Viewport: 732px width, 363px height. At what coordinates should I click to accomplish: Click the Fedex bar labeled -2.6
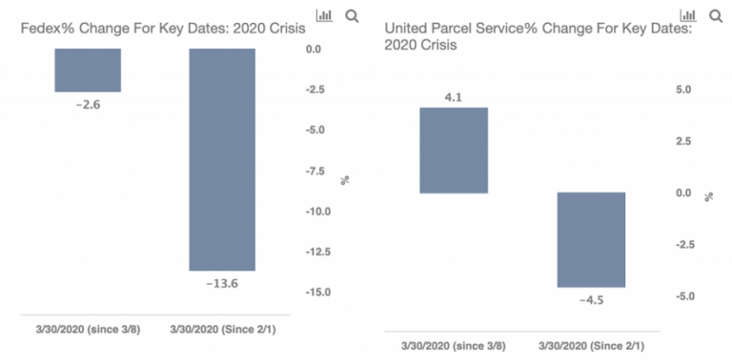88,70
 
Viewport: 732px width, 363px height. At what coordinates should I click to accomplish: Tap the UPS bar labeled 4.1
454,150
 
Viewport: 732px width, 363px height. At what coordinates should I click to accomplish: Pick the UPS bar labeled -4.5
590,239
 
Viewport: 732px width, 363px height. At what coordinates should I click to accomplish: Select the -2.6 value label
88,104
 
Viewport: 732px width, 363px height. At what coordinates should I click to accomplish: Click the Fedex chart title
163,30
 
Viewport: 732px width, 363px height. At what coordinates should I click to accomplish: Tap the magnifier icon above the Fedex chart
352,15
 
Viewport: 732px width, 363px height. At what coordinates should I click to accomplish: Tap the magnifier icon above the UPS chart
715,15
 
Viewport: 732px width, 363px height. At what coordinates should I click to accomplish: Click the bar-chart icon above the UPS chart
687,15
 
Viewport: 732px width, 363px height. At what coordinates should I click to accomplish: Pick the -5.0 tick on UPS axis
681,296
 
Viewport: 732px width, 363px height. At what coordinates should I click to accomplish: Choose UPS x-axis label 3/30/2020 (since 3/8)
453,345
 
